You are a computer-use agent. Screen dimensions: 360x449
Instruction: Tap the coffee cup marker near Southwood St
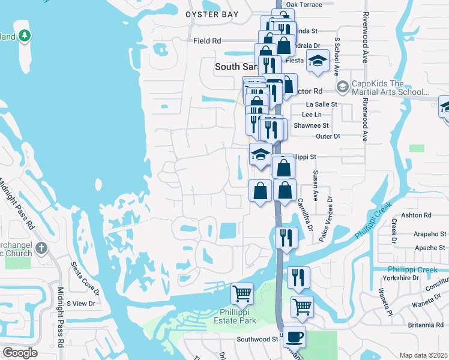pos(294,337)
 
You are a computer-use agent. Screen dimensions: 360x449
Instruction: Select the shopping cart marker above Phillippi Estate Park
pos(243,294)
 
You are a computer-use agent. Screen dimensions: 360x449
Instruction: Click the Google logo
pos(20,353)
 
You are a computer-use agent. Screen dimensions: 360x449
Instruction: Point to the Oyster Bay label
pos(212,14)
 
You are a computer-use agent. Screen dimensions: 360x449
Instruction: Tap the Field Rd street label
pos(208,41)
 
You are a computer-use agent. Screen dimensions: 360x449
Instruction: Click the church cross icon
pos(41,248)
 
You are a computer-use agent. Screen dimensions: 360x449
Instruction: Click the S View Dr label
pos(81,304)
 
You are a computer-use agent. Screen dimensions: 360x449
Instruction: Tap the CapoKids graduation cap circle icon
pos(342,87)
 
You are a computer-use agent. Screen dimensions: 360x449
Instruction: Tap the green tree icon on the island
pos(24,36)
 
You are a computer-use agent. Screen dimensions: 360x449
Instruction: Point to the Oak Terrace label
pos(304,4)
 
